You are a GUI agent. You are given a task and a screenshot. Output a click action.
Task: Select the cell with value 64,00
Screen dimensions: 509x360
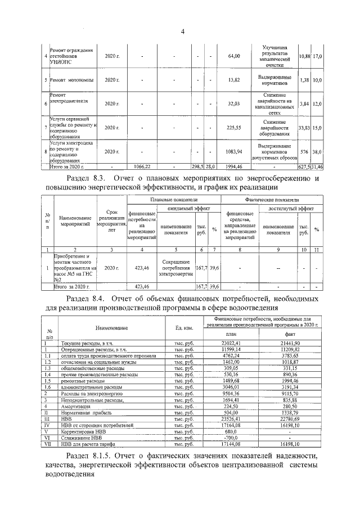[x=234, y=56]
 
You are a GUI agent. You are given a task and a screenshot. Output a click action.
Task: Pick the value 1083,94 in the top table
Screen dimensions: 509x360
[x=234, y=152]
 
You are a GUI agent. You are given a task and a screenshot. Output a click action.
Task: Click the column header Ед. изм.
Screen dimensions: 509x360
[x=181, y=327]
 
